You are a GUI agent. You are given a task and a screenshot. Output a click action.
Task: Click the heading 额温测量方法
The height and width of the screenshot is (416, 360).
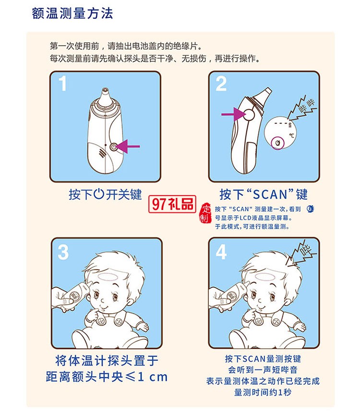[x=72, y=12]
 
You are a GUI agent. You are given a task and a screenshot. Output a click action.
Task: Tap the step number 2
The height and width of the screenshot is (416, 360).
[x=221, y=84]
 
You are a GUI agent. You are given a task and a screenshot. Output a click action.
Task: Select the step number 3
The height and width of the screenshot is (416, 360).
[x=63, y=252]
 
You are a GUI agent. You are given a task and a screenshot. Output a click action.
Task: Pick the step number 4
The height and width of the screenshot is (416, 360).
[x=221, y=252]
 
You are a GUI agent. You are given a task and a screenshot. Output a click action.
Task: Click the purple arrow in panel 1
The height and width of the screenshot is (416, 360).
[x=128, y=145]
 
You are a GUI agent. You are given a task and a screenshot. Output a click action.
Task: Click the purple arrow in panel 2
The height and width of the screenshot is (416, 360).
[x=232, y=114]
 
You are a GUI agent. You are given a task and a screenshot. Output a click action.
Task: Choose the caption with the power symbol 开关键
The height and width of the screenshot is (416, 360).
[x=105, y=195]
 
